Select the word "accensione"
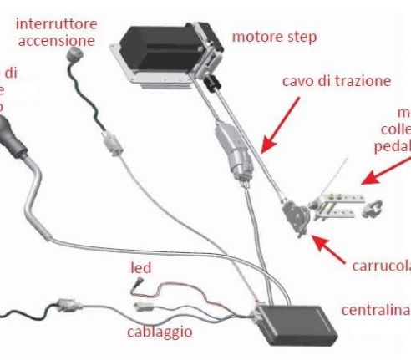(54, 39)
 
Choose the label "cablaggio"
(160, 332)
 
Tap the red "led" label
(140, 268)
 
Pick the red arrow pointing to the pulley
(335, 246)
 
